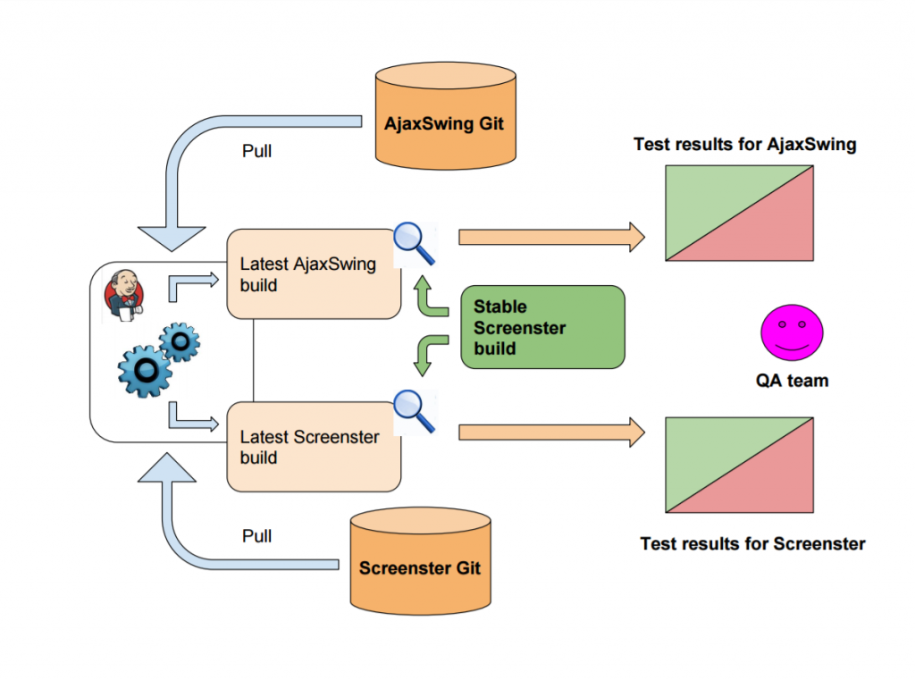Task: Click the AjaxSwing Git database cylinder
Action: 444,115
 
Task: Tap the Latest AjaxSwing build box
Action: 313,274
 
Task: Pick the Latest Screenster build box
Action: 313,447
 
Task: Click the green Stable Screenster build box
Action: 541,327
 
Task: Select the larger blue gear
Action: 144,368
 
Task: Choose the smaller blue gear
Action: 180,342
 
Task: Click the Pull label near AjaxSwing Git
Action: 257,151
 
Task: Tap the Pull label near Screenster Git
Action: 257,536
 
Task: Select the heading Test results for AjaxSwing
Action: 745,144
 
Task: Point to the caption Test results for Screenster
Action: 752,542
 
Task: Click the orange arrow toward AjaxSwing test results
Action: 550,237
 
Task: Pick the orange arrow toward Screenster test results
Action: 550,432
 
